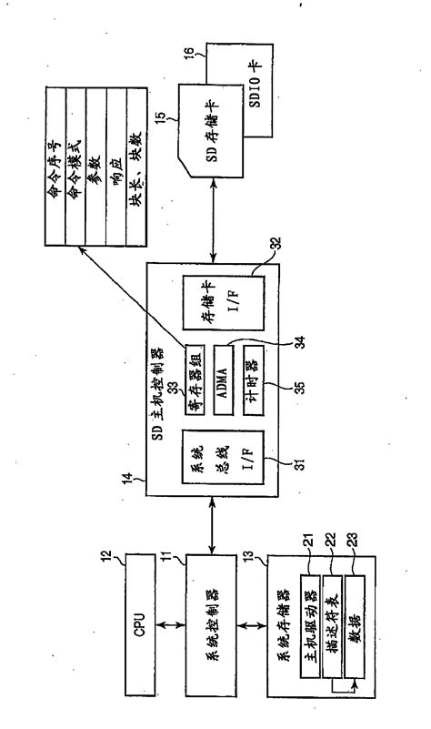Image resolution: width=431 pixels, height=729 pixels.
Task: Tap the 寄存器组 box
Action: [x=195, y=372]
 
